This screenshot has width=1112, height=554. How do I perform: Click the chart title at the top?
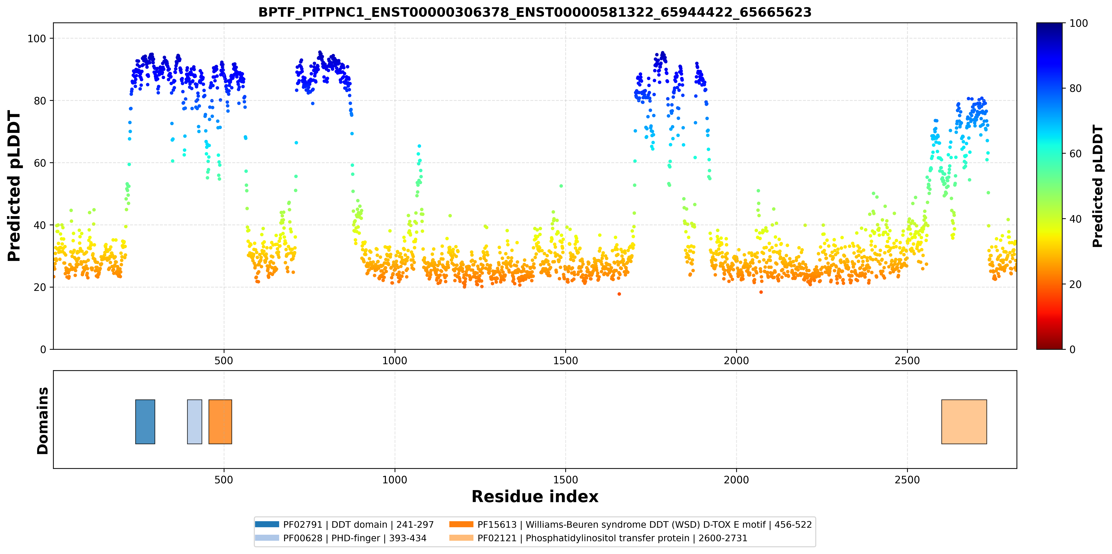(x=535, y=12)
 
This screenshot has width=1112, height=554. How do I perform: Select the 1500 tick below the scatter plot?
(x=566, y=361)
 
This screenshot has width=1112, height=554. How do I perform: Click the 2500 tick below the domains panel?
(x=907, y=480)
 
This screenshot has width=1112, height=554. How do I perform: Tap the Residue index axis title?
(x=535, y=497)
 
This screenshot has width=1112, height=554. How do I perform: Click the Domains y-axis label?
(x=43, y=421)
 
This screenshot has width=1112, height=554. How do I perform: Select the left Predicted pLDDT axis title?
(x=14, y=186)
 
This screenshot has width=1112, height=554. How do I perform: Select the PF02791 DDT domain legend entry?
(x=344, y=525)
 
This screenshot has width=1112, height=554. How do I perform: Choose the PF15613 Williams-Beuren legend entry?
(x=631, y=525)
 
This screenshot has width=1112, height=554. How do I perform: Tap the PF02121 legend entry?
(x=598, y=538)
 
